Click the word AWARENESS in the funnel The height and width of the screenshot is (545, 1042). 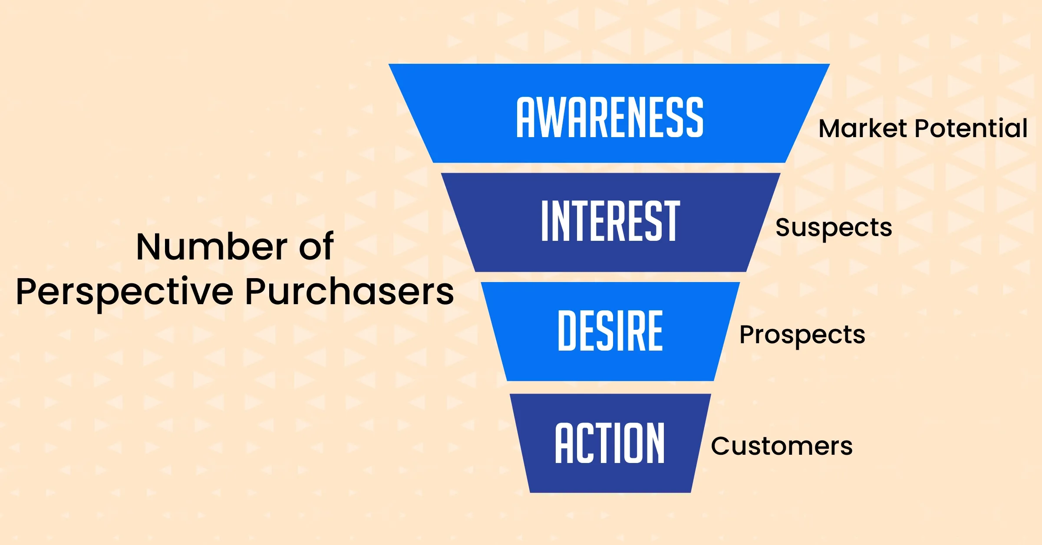click(x=610, y=117)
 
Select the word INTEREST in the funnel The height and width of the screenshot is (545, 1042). click(x=610, y=221)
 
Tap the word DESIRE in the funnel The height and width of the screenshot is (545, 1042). click(x=610, y=331)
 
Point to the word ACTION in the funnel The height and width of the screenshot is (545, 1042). click(x=610, y=443)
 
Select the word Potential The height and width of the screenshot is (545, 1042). click(x=971, y=128)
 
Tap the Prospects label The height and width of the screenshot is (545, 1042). click(x=802, y=335)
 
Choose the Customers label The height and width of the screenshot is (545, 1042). click(x=782, y=446)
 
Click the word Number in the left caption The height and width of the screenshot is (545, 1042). click(x=211, y=247)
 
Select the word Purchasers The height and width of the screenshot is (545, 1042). click(x=350, y=292)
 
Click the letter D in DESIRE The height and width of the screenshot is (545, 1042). click(x=567, y=331)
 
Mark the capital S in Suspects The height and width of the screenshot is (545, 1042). click(x=784, y=228)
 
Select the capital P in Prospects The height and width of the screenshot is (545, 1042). click(x=747, y=335)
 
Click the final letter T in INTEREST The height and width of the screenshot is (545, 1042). click(x=671, y=221)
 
